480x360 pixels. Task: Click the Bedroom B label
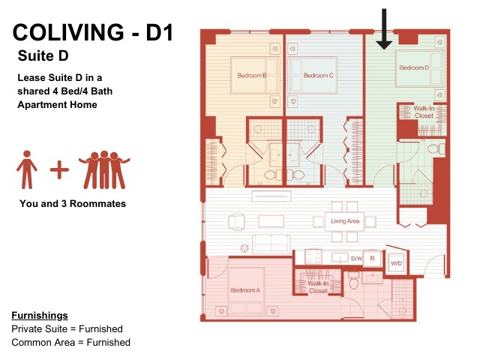[x=252, y=76]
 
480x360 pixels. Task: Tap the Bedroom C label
[x=318, y=76]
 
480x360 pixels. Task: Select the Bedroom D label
[x=414, y=68]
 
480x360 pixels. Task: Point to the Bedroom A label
[x=245, y=290]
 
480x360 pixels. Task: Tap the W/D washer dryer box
[x=397, y=263]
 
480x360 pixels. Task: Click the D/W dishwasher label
[x=357, y=259]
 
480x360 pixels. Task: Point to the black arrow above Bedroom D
[x=384, y=29]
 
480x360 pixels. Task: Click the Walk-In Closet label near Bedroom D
[x=424, y=112]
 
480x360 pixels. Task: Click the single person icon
[x=27, y=169]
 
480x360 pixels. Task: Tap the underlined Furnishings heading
[x=40, y=316]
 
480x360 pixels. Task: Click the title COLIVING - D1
[x=93, y=32]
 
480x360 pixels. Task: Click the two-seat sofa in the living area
[x=271, y=244]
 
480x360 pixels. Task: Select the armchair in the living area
[x=236, y=222]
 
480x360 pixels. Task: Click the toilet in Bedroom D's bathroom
[x=433, y=150]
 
